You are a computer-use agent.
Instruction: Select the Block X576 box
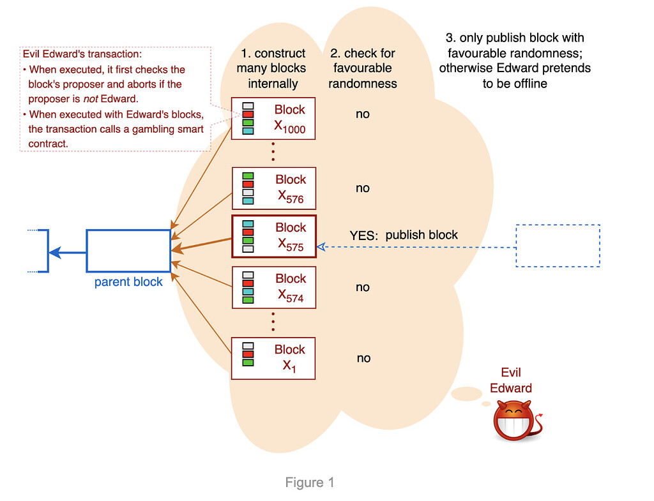[273, 189]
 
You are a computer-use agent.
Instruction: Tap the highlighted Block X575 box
[273, 237]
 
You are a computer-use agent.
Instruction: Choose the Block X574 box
[273, 288]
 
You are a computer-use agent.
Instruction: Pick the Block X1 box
[273, 359]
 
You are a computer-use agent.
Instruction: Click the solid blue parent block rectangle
[128, 251]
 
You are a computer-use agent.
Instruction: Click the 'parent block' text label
[128, 282]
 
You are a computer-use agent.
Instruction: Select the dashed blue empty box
[558, 246]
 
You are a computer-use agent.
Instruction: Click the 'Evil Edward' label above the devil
[515, 380]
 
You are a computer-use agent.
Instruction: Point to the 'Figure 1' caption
[310, 482]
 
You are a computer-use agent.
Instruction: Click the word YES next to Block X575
[363, 236]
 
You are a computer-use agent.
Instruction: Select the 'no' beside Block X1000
[363, 115]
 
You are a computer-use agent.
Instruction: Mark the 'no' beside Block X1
[363, 359]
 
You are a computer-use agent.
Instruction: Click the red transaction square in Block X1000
[248, 115]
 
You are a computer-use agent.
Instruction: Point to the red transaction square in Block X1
[248, 354]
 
